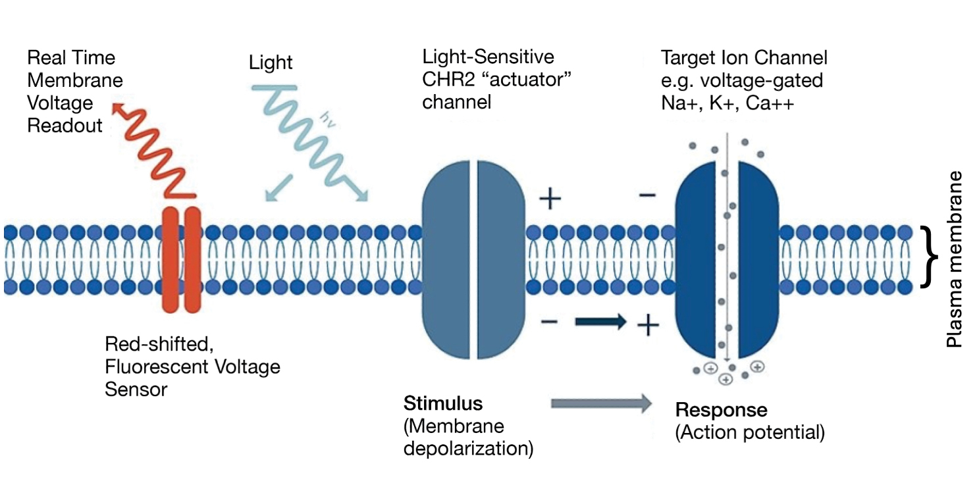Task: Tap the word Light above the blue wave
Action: [x=271, y=63]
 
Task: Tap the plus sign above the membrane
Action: [x=550, y=199]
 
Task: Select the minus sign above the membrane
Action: [x=647, y=195]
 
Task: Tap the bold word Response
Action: [x=721, y=410]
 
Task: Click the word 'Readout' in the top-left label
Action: [x=65, y=125]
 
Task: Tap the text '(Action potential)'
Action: [x=750, y=432]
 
